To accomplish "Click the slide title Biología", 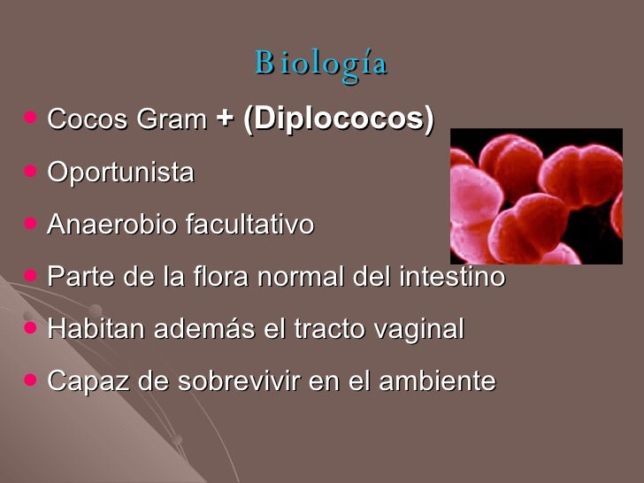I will click(x=321, y=64).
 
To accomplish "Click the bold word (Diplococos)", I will click(x=338, y=119).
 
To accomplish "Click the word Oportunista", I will click(x=120, y=172).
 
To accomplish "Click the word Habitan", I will click(x=96, y=329).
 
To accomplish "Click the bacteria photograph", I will click(x=536, y=196).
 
